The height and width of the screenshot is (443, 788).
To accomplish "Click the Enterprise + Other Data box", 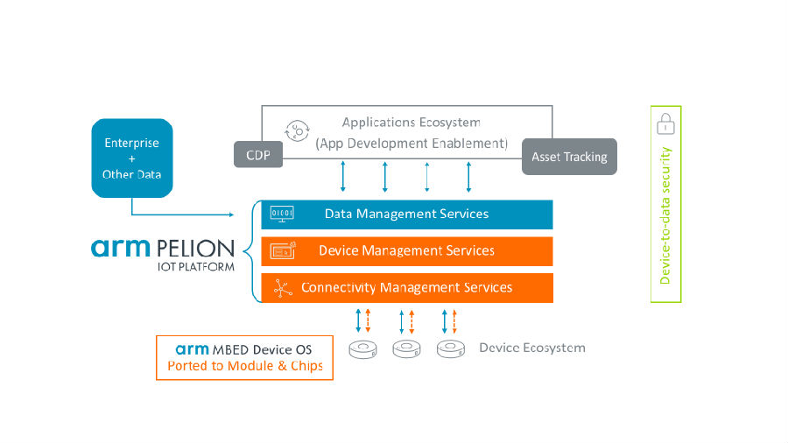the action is pos(132,158).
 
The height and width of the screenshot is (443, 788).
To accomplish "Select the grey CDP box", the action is pos(258,154).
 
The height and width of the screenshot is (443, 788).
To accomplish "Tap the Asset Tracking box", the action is pos(569,157).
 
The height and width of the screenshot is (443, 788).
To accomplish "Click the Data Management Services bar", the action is pos(407,214).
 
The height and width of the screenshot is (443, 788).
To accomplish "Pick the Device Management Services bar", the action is pos(407,251).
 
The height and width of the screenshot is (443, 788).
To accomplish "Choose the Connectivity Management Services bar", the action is pos(407,288).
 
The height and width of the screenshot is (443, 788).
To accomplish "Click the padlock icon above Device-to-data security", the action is pos(666,123).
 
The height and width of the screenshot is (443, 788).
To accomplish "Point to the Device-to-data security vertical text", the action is pos(665,215).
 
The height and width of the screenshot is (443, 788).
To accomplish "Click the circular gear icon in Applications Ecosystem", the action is pos(297,131).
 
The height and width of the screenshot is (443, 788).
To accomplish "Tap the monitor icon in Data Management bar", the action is pos(282,214).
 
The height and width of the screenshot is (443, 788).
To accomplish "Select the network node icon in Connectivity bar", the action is pos(283,288).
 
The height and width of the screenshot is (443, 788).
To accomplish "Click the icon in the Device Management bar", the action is pos(283,250).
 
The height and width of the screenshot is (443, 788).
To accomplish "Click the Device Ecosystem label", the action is pos(532,348).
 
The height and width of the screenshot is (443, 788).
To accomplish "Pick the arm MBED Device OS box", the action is pos(245,357).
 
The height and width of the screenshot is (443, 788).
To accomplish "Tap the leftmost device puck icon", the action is pos(362,349).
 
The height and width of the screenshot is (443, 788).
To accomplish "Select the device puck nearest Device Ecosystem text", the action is pos(451,349).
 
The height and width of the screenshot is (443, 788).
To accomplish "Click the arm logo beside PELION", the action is pos(121,248).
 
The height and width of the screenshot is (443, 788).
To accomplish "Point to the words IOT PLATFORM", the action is pos(196,267).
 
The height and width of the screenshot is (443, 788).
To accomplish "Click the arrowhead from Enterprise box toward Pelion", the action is pos(231,214).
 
